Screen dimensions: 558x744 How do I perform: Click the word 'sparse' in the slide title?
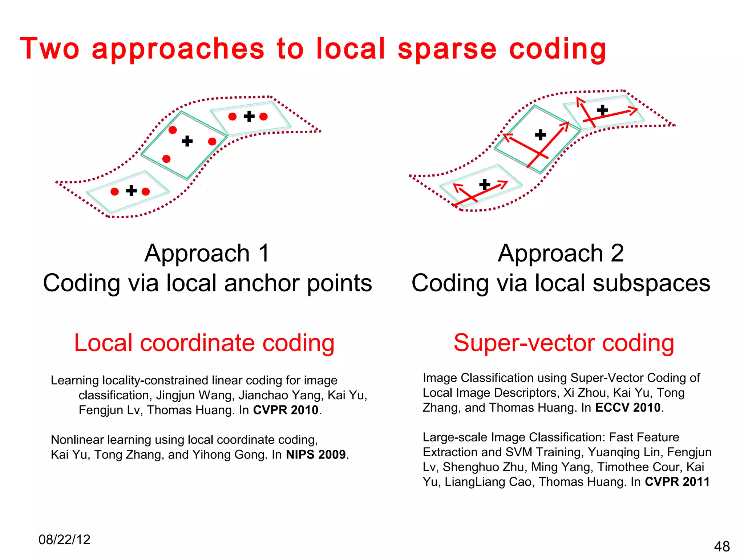pyautogui.click(x=447, y=49)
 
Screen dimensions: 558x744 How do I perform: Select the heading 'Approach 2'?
pyautogui.click(x=561, y=253)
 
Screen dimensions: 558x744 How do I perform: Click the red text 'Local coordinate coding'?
pyautogui.click(x=204, y=343)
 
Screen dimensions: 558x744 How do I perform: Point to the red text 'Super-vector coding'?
pyautogui.click(x=564, y=343)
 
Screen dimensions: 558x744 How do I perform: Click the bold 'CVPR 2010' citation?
pyautogui.click(x=286, y=410)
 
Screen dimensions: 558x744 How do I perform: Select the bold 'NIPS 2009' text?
pyautogui.click(x=316, y=454)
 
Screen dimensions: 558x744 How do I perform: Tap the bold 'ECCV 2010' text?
pyautogui.click(x=628, y=408)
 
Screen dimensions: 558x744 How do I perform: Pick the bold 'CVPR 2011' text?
pyautogui.click(x=677, y=482)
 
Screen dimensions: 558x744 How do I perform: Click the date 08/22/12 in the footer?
pyautogui.click(x=64, y=540)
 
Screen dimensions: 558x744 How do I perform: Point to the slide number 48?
pyautogui.click(x=722, y=546)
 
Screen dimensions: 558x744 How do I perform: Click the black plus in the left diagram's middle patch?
pyautogui.click(x=187, y=141)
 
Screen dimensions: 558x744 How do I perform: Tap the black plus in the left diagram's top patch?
pyautogui.click(x=249, y=116)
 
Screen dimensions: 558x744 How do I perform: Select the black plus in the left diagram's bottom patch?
pyautogui.click(x=131, y=191)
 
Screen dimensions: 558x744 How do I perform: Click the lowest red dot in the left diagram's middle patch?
pyautogui.click(x=166, y=159)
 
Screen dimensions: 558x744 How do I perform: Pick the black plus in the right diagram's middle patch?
pyautogui.click(x=541, y=135)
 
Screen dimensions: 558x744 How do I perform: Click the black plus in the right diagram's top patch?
pyautogui.click(x=602, y=110)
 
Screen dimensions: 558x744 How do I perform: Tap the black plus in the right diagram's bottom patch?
pyautogui.click(x=485, y=185)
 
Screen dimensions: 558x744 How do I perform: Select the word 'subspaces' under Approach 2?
pyautogui.click(x=651, y=283)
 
